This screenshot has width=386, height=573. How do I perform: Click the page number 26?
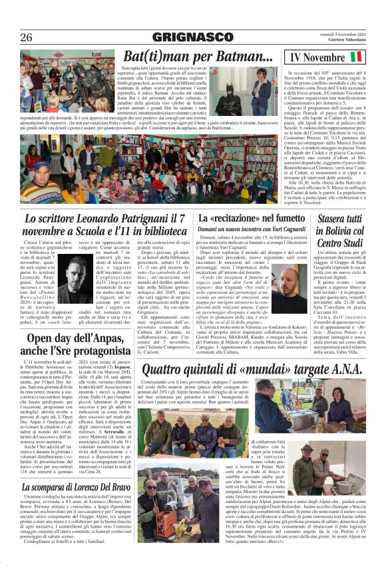[26, 37]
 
